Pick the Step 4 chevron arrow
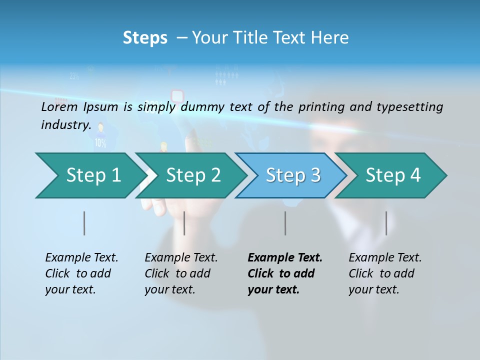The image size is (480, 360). click(x=392, y=175)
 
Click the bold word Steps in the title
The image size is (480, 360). click(x=145, y=38)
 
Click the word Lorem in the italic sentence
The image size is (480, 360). click(x=59, y=106)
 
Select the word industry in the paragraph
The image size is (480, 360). click(x=65, y=124)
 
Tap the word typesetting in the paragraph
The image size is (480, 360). click(x=409, y=106)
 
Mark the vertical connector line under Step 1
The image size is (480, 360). click(x=84, y=223)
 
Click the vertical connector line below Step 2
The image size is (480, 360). click(x=184, y=223)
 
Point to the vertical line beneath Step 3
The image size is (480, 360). click(x=285, y=223)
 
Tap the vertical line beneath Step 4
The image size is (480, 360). click(x=386, y=223)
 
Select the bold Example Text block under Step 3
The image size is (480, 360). click(x=284, y=273)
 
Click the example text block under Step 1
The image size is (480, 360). click(x=81, y=273)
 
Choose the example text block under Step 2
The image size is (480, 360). click(x=181, y=273)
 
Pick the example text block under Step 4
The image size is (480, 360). click(x=385, y=273)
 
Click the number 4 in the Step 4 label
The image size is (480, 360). click(x=415, y=175)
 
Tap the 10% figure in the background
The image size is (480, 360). click(x=100, y=143)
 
